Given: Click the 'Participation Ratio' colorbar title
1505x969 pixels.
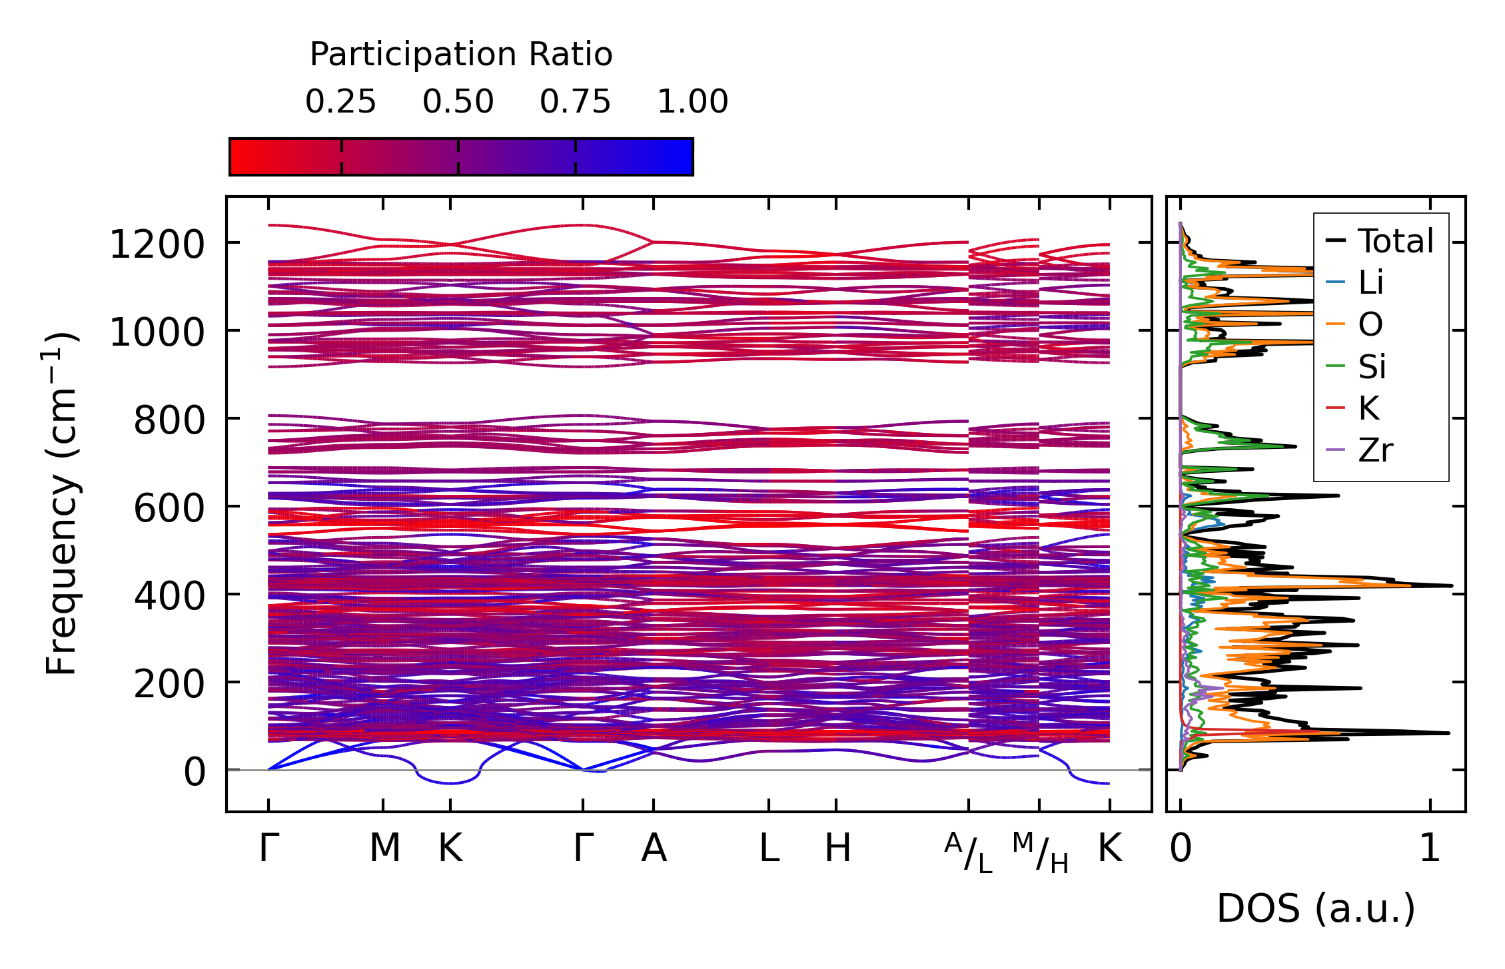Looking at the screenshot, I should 461,55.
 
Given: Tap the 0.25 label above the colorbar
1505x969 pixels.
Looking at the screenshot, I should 340,102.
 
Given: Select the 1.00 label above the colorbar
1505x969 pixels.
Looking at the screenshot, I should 692,102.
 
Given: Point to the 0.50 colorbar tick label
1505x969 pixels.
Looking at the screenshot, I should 458,102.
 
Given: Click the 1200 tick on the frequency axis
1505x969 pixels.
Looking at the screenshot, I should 157,244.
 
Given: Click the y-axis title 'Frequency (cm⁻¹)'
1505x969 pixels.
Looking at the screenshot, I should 62,503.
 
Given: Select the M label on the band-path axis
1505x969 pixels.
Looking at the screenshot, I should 384,848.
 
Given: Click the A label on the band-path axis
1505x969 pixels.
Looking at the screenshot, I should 654,848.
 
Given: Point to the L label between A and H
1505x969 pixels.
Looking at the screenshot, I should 769,848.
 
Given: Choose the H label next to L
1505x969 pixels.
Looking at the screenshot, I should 837,848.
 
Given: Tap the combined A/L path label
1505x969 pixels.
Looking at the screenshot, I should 969,852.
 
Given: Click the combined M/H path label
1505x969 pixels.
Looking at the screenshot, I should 1040,852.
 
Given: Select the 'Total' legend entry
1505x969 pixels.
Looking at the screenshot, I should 1395,241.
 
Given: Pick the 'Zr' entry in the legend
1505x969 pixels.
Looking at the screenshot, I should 1375,451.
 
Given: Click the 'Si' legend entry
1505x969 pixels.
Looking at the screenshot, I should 1372,367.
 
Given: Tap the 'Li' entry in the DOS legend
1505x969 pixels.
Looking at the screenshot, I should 1370,283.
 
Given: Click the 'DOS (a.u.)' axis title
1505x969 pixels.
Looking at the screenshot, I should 1316,908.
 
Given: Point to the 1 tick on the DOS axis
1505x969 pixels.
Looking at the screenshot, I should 1430,848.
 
